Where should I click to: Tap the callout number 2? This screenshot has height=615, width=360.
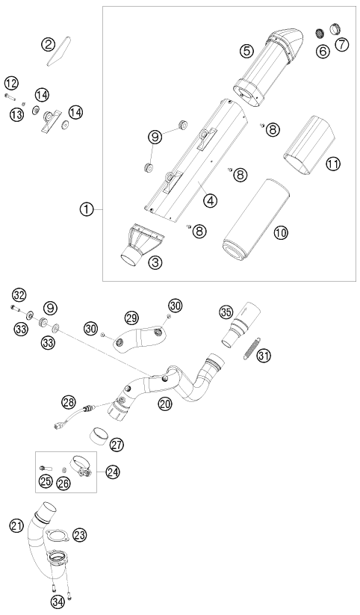(x=49, y=44)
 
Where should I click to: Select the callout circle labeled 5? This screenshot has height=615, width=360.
(x=247, y=51)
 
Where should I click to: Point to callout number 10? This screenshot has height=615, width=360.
(x=280, y=232)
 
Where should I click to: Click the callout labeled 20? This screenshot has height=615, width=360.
(x=166, y=403)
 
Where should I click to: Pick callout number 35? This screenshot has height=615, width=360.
(x=226, y=313)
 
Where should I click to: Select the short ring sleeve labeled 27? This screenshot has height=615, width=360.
(x=99, y=434)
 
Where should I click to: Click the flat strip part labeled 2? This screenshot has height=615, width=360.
(x=59, y=52)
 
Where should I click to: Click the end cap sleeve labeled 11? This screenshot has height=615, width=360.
(x=310, y=144)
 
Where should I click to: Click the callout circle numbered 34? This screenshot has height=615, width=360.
(x=58, y=601)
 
